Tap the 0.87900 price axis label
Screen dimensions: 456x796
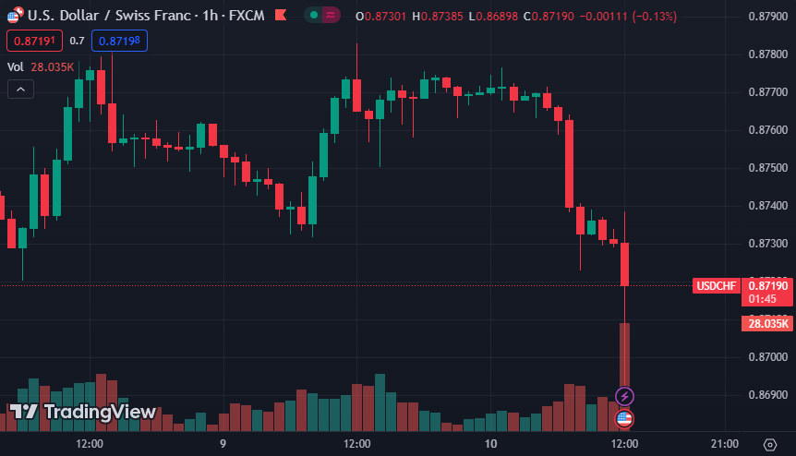pos(767,17)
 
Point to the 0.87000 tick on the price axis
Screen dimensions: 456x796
pos(767,357)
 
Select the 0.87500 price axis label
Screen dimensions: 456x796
pos(767,168)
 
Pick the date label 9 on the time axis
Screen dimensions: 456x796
pos(223,444)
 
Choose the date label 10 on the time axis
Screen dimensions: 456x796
pos(490,444)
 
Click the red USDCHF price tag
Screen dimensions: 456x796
pos(717,286)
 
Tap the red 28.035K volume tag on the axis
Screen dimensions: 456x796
pos(768,323)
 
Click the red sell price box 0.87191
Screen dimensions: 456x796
pos(34,41)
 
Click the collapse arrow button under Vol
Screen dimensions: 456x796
pos(20,90)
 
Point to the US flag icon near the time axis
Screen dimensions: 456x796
pos(624,419)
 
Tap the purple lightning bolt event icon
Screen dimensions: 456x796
pos(624,397)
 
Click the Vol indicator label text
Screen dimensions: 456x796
pos(16,66)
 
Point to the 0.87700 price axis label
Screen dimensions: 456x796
pos(767,92)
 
